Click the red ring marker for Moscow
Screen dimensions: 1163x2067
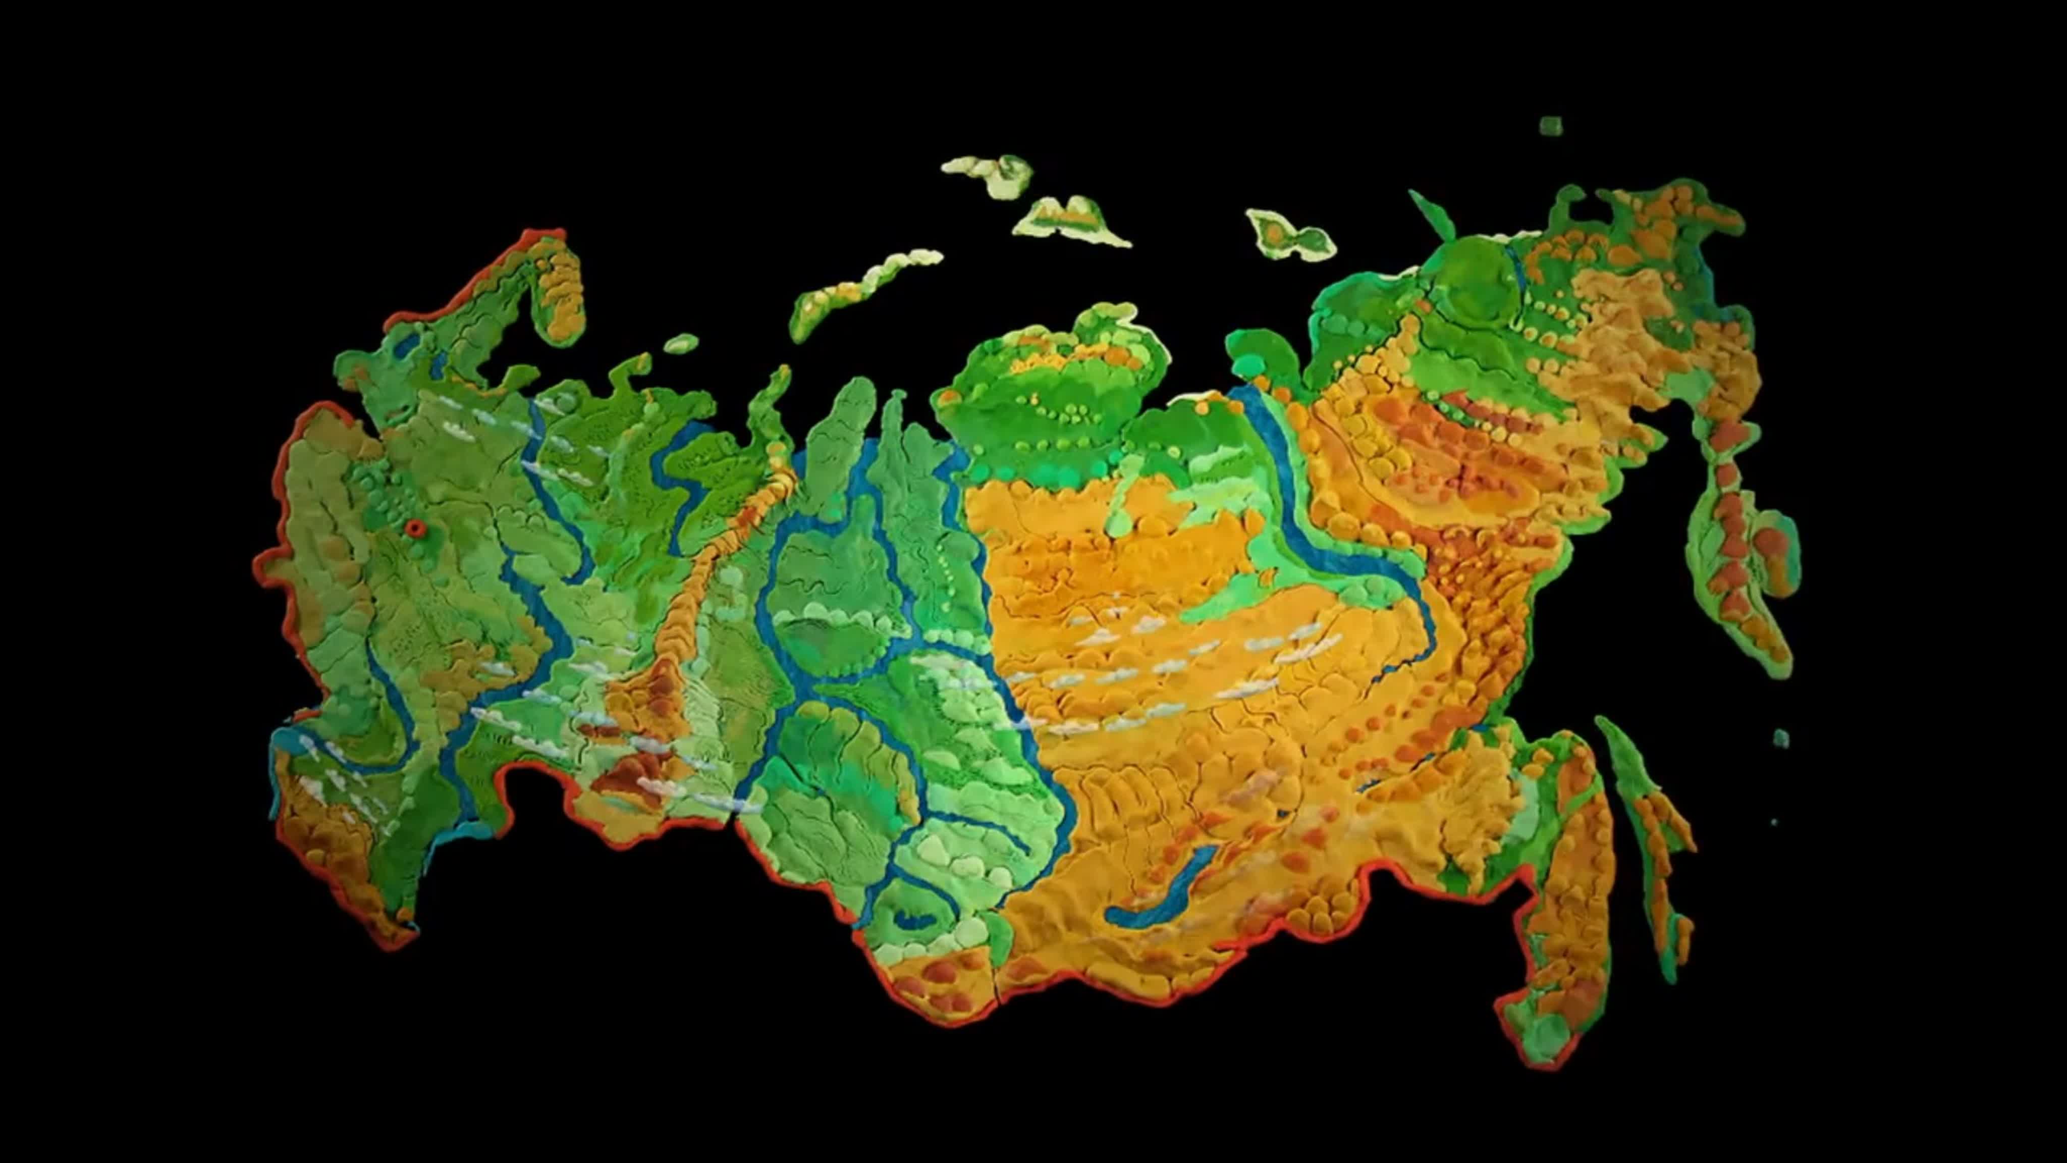(x=414, y=527)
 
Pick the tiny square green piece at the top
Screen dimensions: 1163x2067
(x=1551, y=126)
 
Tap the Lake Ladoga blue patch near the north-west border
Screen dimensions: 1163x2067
(x=405, y=345)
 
